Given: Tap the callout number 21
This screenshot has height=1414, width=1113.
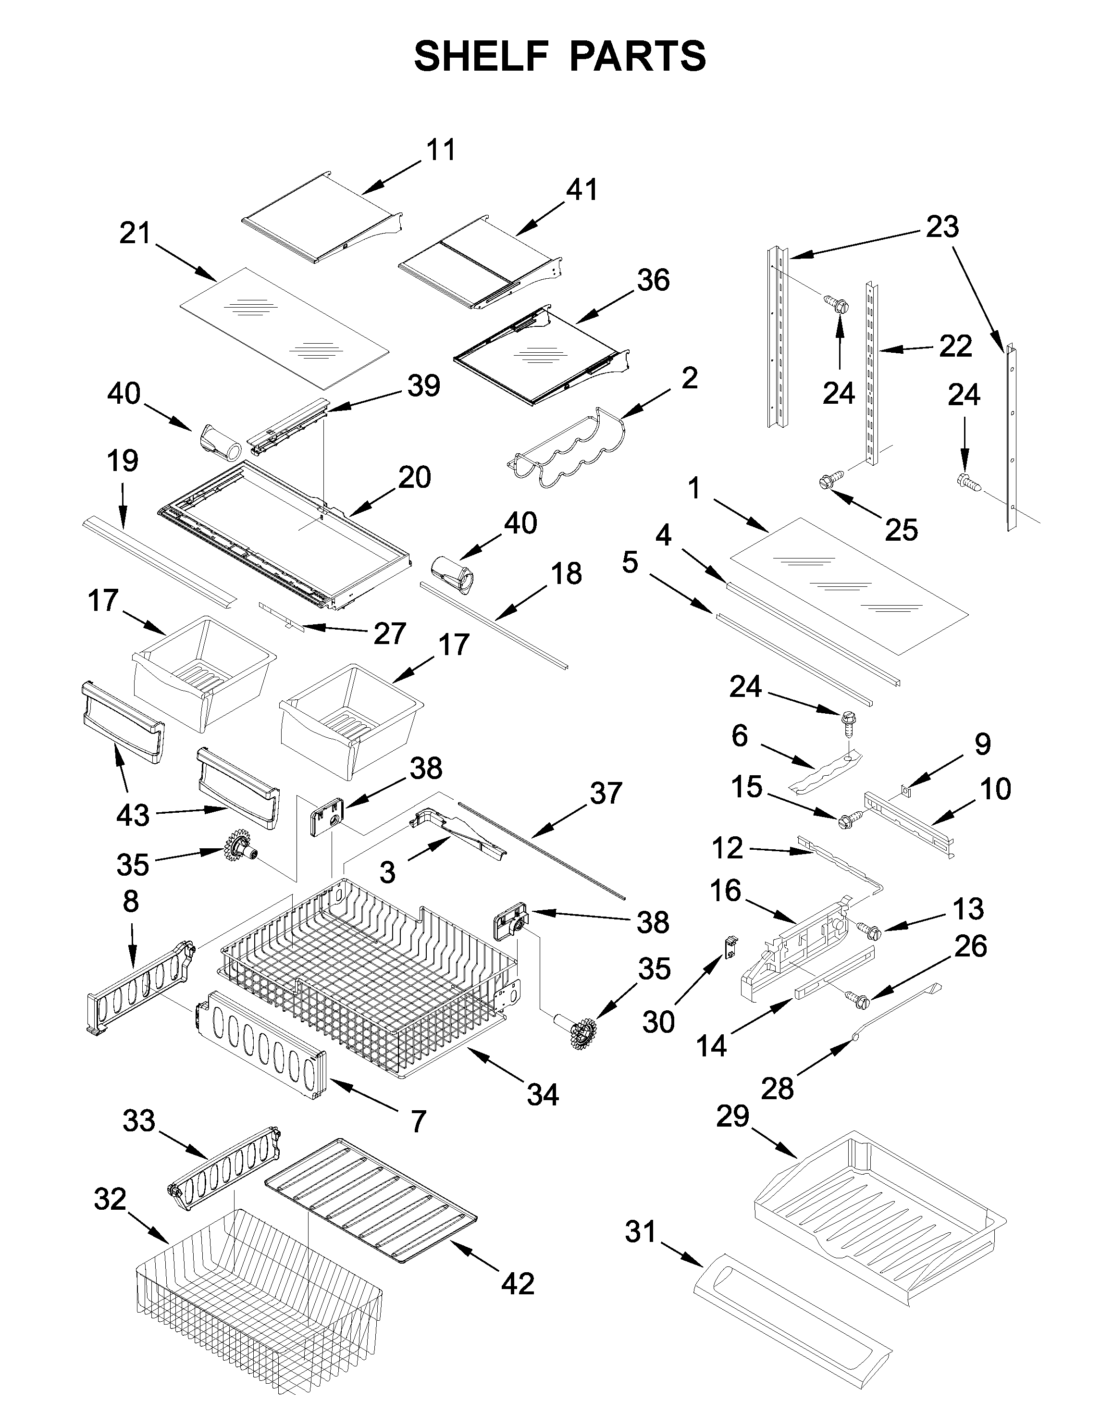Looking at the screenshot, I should click(x=135, y=233).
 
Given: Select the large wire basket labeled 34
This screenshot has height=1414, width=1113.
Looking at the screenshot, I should click(x=365, y=978).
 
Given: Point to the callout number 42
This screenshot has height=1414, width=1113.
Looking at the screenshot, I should click(x=518, y=1284).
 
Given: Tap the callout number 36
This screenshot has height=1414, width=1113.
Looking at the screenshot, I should click(x=653, y=280).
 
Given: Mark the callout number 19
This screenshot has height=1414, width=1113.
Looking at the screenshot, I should click(x=123, y=461).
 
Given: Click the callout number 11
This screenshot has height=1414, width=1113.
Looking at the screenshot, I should click(x=441, y=150).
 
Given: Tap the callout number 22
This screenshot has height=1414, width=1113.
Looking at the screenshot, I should click(x=955, y=346).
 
